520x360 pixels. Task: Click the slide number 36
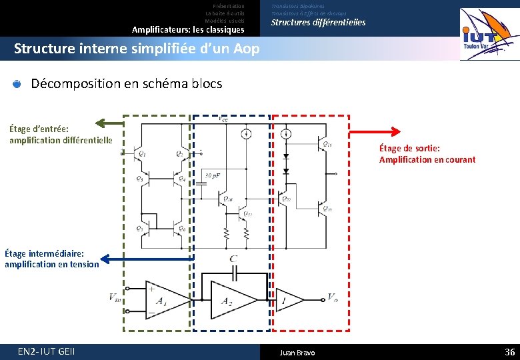[x=510, y=352]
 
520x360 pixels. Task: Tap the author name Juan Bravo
[x=297, y=353]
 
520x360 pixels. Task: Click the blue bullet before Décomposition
[x=17, y=84]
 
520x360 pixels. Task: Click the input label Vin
[x=116, y=297]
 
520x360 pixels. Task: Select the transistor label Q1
[x=142, y=154]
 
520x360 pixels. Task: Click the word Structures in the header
[x=292, y=22]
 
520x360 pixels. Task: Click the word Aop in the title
[x=246, y=49]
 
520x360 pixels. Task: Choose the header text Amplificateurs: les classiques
[x=188, y=29]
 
